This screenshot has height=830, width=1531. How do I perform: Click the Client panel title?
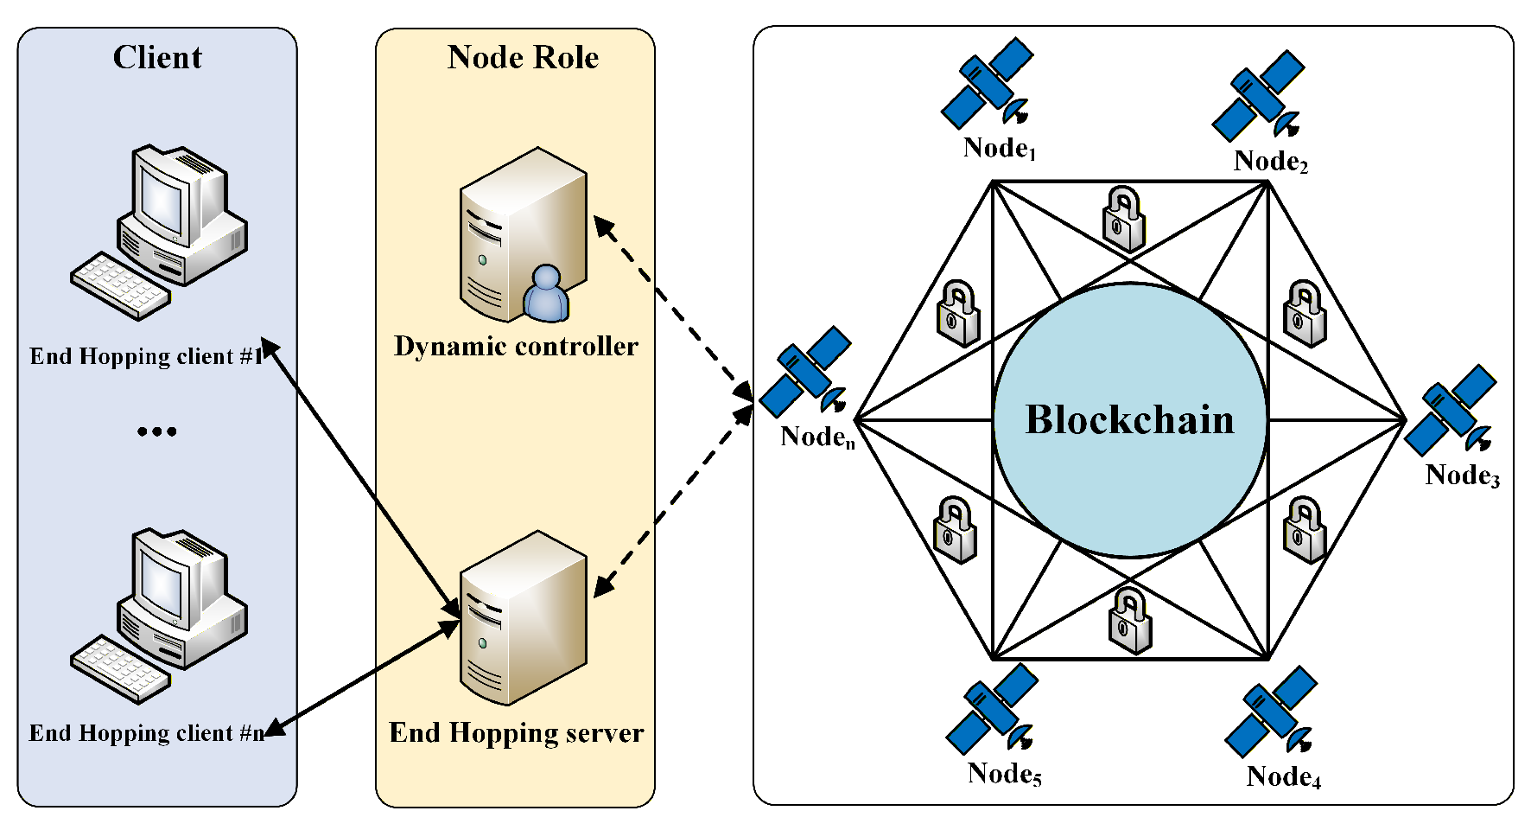point(157,57)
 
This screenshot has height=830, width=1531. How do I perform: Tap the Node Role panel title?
point(523,57)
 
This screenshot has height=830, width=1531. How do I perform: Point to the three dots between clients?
point(156,431)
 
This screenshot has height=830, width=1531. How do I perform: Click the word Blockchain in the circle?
point(1129,419)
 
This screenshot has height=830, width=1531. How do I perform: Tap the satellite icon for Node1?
point(988,84)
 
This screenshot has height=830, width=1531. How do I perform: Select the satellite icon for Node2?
point(1258,96)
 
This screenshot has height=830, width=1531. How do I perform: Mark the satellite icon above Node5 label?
point(992,709)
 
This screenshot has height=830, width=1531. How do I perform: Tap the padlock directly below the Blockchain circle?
point(1130,620)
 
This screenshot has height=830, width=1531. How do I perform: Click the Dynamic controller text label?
point(516,347)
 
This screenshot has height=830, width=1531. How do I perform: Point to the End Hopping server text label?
point(516,733)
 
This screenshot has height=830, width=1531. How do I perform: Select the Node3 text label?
point(1462,476)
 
